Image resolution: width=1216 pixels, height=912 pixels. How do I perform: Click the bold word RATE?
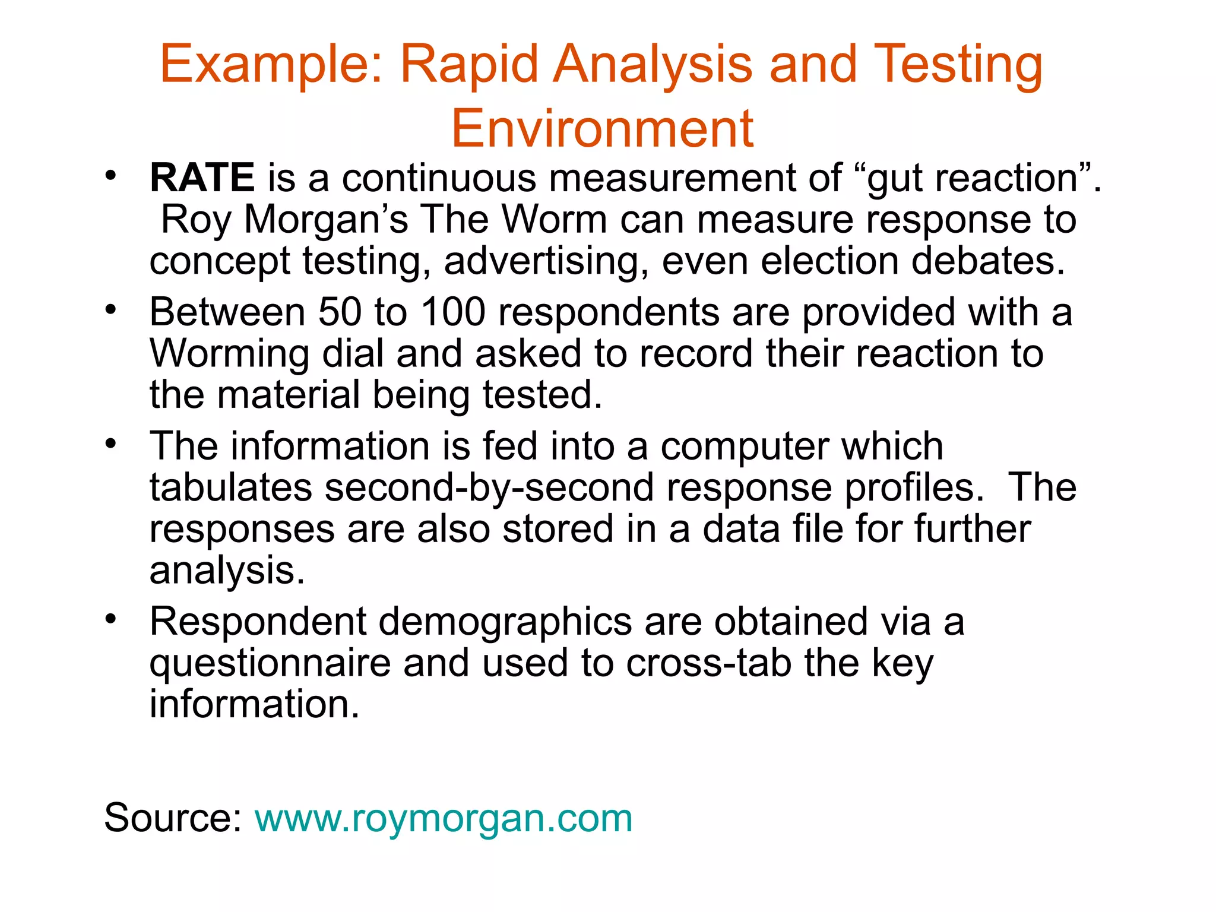pyautogui.click(x=202, y=178)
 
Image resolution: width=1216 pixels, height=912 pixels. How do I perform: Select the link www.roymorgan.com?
pyautogui.click(x=444, y=818)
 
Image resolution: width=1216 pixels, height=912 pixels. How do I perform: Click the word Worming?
pyautogui.click(x=229, y=354)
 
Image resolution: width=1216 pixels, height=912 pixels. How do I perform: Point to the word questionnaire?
pyautogui.click(x=270, y=664)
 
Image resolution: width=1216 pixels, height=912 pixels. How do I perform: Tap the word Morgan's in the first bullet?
pyautogui.click(x=326, y=220)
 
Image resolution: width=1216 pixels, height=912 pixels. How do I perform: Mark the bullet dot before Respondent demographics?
pyautogui.click(x=110, y=619)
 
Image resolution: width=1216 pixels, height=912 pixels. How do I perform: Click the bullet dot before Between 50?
pyautogui.click(x=110, y=309)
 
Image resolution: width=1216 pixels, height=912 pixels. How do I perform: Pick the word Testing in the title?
pyautogui.click(x=958, y=65)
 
